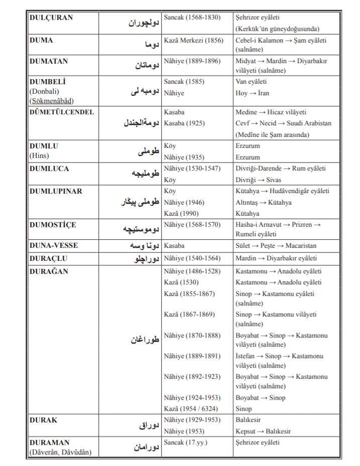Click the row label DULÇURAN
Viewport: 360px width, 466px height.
coord(51,18)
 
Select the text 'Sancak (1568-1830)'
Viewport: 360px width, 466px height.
coord(192,18)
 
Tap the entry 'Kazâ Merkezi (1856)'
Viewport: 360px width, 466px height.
coord(194,40)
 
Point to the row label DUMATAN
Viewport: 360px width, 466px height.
coord(49,61)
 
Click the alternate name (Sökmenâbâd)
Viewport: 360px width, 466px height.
coord(55,100)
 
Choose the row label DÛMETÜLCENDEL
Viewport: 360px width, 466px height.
coord(62,112)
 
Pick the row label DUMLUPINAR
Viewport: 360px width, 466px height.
coord(56,191)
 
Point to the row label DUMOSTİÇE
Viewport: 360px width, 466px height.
coord(53,225)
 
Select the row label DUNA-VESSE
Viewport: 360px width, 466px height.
coord(54,246)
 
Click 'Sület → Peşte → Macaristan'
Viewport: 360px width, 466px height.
coord(277,246)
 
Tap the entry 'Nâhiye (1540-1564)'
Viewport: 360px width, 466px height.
coord(192,258)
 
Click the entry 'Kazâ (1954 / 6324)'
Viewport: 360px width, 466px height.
coord(191,409)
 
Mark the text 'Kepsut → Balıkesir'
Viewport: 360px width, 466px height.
coord(263,431)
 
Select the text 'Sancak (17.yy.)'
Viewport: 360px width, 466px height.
coord(185,442)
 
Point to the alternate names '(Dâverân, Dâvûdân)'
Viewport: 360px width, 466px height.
coord(60,452)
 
